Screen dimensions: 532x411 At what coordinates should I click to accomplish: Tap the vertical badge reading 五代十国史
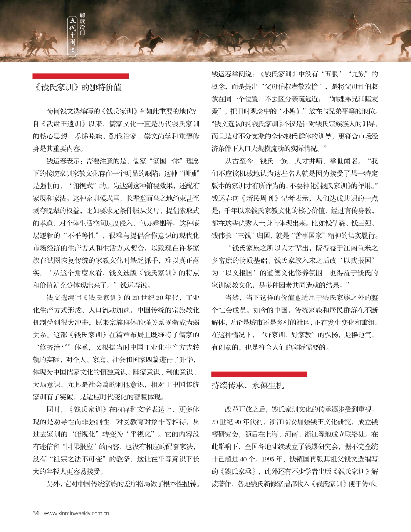pyautogui.click(x=73, y=36)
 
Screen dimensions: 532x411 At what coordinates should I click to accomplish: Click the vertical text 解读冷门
pyautogui.click(x=82, y=25)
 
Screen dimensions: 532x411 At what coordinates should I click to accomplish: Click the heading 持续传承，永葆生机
pyautogui.click(x=248, y=385)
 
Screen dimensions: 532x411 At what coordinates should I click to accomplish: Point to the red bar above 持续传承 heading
pyautogui.click(x=259, y=374)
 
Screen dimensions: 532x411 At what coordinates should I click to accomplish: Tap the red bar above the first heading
pyautogui.click(x=81, y=76)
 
